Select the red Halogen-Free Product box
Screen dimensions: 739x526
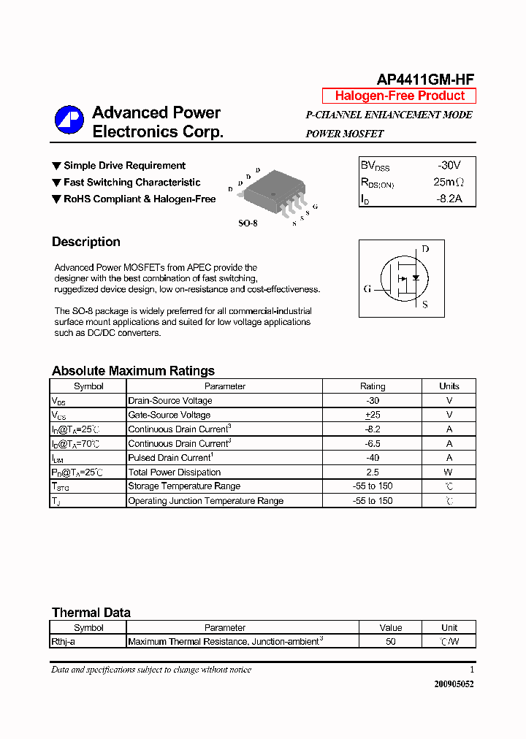point(399,96)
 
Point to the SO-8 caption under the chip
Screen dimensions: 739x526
point(248,223)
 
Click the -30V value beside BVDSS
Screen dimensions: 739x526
point(449,166)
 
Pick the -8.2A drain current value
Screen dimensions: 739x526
point(449,199)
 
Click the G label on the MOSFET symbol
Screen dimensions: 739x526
point(367,288)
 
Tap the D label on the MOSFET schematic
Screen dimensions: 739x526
point(425,249)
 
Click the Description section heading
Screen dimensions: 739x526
point(86,242)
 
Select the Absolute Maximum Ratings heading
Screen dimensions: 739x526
point(133,370)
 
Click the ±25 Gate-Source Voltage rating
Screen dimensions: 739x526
point(373,415)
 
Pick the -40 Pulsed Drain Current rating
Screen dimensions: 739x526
point(373,458)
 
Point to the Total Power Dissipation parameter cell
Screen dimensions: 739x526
point(174,472)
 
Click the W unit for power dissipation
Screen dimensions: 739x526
point(449,472)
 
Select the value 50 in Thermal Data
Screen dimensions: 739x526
point(391,642)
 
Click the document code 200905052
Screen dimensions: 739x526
point(454,684)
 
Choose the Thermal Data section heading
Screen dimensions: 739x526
point(91,613)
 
